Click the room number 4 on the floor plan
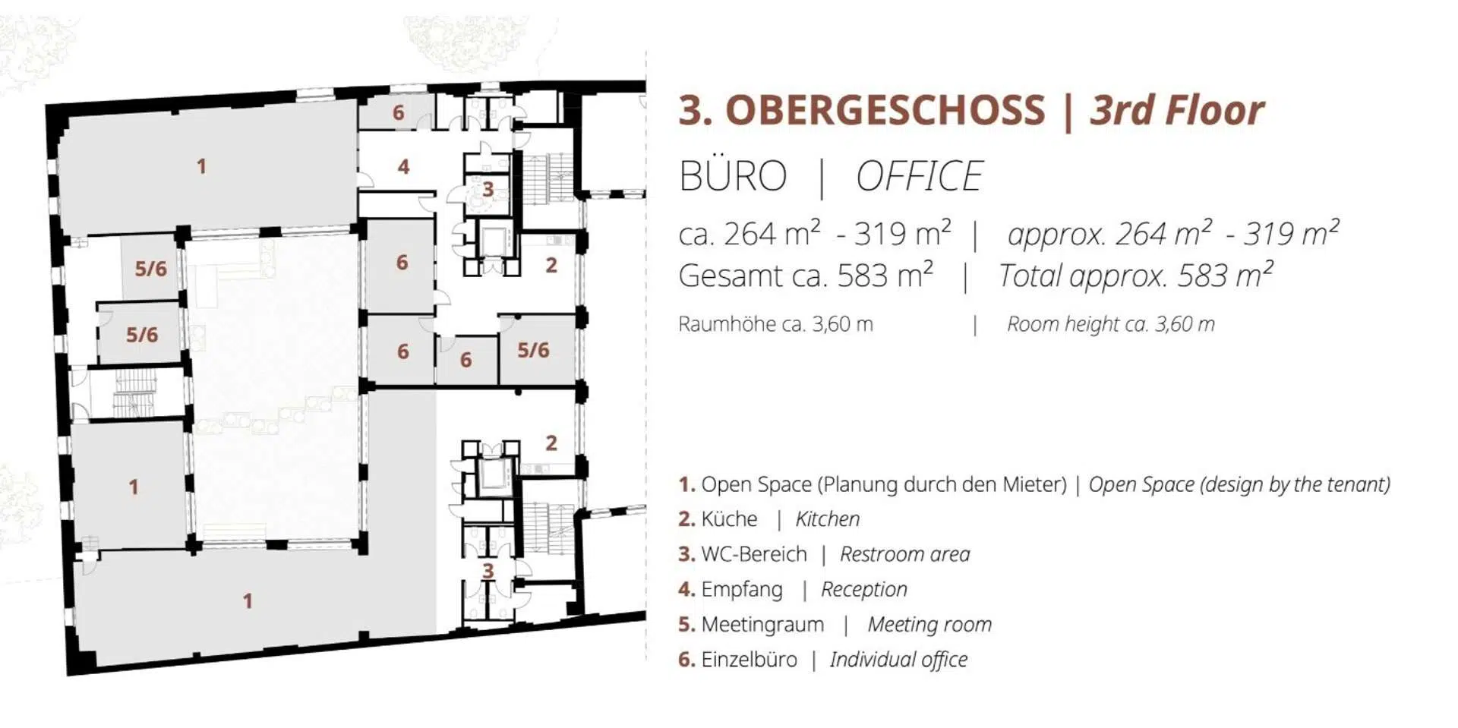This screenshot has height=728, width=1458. point(403,166)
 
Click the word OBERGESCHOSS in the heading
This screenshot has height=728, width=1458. point(885,110)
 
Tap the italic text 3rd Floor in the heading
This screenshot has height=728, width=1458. point(1177,110)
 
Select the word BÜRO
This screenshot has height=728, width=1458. point(733,176)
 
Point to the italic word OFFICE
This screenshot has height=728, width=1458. point(920,176)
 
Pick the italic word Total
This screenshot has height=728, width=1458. point(1030,276)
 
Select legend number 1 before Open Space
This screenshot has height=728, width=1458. point(686,484)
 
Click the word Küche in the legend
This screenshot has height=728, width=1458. point(729,519)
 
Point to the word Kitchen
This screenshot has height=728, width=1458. point(828,519)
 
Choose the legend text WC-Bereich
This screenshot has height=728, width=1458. point(754,554)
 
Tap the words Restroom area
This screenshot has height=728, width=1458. point(905,554)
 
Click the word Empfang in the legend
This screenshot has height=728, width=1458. point(742,590)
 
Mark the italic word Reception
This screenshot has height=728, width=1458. point(864,590)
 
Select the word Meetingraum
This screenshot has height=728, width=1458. point(762,625)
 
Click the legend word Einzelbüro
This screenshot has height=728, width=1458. point(750,660)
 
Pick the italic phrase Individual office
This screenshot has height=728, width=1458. point(899,660)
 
